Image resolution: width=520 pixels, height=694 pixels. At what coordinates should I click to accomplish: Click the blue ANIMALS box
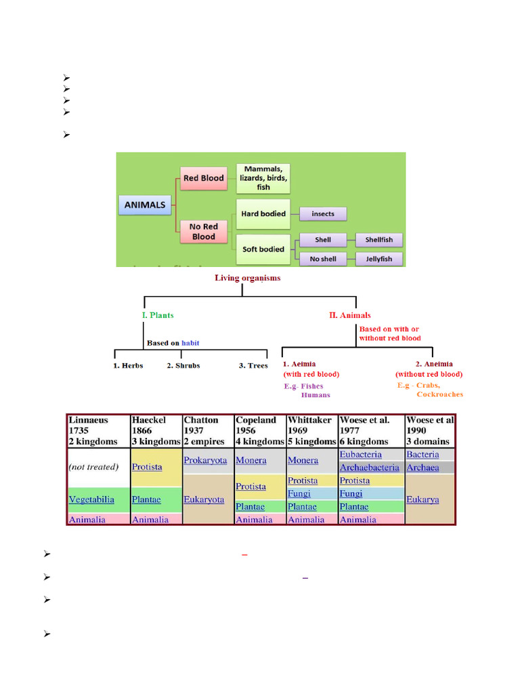pyautogui.click(x=146, y=205)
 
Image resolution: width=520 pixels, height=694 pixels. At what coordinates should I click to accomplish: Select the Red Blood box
pyautogui.click(x=203, y=178)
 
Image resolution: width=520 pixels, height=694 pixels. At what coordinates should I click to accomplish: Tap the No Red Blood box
pyautogui.click(x=203, y=231)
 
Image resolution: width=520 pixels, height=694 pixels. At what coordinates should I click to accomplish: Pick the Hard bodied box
pyautogui.click(x=263, y=213)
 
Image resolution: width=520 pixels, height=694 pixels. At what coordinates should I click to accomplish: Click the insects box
pyautogui.click(x=322, y=213)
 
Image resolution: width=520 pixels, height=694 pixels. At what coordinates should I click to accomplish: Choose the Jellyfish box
pyautogui.click(x=378, y=259)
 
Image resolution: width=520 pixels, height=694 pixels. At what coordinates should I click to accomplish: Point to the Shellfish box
pyautogui.click(x=378, y=239)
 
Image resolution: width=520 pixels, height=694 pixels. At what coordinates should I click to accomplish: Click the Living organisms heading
pyautogui.click(x=247, y=277)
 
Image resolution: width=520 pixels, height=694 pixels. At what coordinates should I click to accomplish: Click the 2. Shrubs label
pyautogui.click(x=183, y=365)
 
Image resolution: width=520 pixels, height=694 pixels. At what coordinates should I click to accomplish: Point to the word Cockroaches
pyautogui.click(x=439, y=394)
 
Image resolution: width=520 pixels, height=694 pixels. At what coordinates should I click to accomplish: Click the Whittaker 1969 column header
pyautogui.click(x=311, y=430)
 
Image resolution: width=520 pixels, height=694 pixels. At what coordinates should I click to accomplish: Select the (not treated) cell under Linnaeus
pyautogui.click(x=93, y=467)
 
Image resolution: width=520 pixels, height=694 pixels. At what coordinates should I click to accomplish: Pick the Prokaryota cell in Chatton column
pyautogui.click(x=205, y=460)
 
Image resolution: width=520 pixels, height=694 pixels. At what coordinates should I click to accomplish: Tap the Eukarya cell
pyautogui.click(x=422, y=499)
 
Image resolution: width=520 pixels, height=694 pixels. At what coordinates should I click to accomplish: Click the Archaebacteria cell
pyautogui.click(x=369, y=468)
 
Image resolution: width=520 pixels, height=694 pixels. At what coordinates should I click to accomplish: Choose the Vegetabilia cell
pyautogui.click(x=91, y=499)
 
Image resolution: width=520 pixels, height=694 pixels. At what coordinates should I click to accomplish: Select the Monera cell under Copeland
pyautogui.click(x=251, y=460)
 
